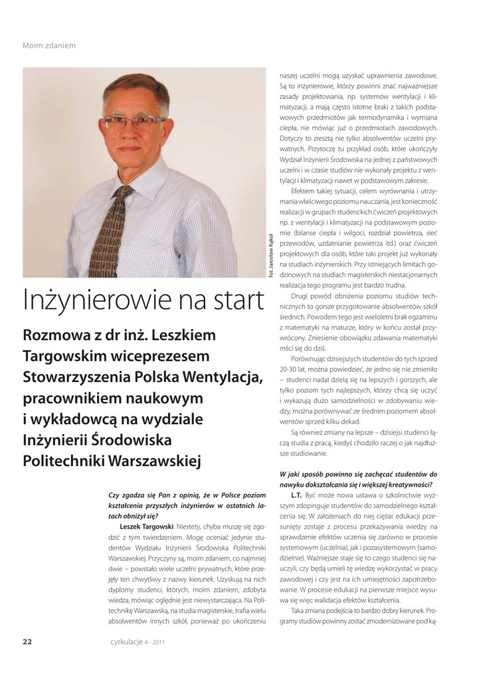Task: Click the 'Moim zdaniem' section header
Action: pos(49,45)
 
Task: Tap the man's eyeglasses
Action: pos(136,122)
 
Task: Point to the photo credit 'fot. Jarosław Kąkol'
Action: pos(271,256)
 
